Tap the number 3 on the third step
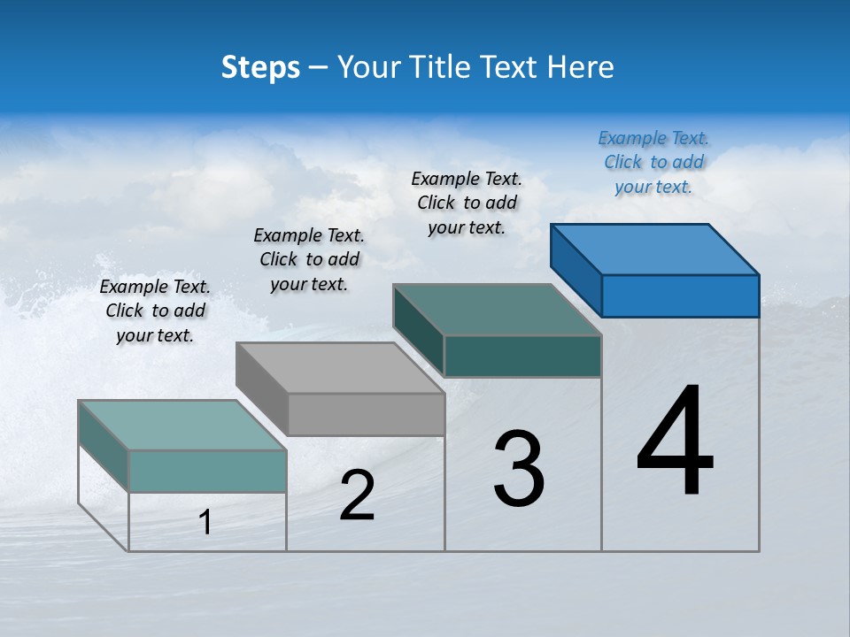(x=519, y=469)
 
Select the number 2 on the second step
(x=357, y=495)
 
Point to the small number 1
(x=205, y=523)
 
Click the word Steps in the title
(x=260, y=67)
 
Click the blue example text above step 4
(x=653, y=163)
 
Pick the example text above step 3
(x=467, y=203)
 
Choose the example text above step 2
(x=309, y=259)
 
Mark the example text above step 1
(x=155, y=311)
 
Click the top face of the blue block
(x=655, y=249)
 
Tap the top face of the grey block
(x=341, y=367)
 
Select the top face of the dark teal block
(x=498, y=309)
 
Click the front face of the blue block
(x=680, y=295)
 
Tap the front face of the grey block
(x=366, y=414)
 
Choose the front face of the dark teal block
(x=522, y=356)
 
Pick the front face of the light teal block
(x=207, y=471)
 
